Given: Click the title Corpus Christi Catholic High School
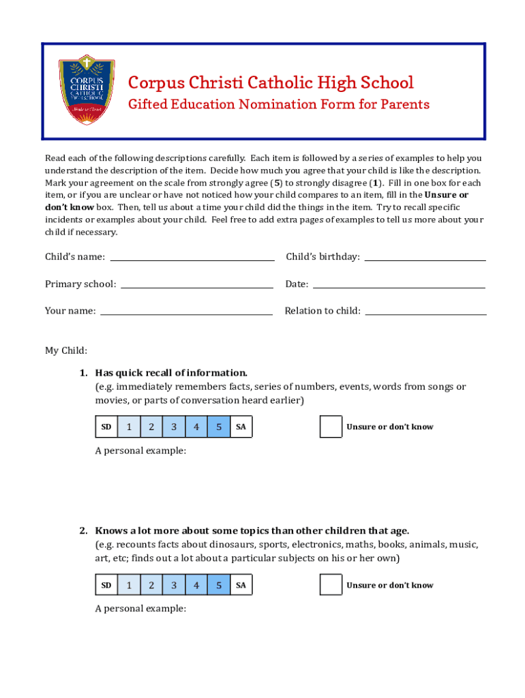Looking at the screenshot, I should pos(271,83).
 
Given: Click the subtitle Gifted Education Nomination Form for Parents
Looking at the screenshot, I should pos(279,104).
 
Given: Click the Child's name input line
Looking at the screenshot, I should pos(192,256).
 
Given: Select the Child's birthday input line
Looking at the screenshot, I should pos(425,256).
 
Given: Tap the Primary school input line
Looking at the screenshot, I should pos(197,284).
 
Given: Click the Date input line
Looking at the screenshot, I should pos(399,284).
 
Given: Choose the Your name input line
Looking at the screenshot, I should pos(186,311).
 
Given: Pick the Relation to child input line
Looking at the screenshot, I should pos(426,311).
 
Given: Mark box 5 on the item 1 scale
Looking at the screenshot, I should pos(219,427).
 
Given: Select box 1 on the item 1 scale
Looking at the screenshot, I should pos(129,427).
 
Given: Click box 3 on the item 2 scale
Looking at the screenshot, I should pos(174,586).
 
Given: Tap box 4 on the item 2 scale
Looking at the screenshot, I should pos(196,586).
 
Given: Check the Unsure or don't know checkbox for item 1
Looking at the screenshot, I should pos(331,427).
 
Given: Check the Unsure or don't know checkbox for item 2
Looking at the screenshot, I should pos(331,585).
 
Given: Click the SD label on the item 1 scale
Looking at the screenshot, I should pos(106,427).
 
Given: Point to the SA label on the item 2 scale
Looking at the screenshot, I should pos(241,586).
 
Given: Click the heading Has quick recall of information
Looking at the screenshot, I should pos(171,373).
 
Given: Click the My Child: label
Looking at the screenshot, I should pos(66,350).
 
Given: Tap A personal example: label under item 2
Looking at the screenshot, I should pos(140,609).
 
